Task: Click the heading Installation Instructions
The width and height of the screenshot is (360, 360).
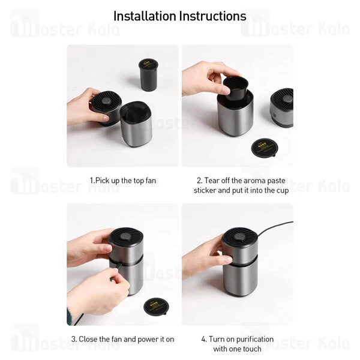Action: (x=180, y=16)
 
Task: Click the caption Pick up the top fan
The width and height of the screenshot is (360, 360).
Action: (x=123, y=181)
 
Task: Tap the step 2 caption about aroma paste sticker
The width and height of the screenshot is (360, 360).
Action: (x=241, y=185)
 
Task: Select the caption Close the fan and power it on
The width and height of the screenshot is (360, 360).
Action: (x=123, y=339)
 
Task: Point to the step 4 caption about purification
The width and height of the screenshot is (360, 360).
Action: (x=238, y=344)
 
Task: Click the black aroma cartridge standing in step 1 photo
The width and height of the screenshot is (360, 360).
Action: (x=148, y=74)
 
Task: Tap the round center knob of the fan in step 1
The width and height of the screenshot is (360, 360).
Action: (x=106, y=100)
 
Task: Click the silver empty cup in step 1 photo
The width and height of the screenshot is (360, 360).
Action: (x=136, y=124)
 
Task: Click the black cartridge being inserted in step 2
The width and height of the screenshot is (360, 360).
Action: (x=236, y=88)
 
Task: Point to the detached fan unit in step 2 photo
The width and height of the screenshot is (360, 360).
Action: (x=282, y=107)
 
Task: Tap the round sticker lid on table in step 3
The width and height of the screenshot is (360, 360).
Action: (x=156, y=307)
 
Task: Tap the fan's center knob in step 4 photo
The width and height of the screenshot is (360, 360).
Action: (x=238, y=236)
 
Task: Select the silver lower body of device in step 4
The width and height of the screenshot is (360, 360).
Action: (x=240, y=280)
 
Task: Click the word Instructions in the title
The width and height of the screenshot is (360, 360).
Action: (x=212, y=16)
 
